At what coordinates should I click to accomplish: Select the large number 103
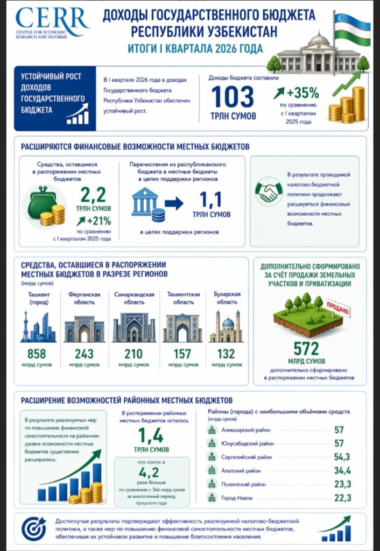click(233, 97)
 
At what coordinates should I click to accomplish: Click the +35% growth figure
click(302, 92)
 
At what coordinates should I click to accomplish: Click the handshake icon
click(269, 192)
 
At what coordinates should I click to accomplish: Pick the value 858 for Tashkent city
click(37, 354)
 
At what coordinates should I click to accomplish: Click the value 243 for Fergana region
click(85, 354)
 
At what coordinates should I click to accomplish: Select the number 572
click(306, 348)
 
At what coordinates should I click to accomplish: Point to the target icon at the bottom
click(34, 528)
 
